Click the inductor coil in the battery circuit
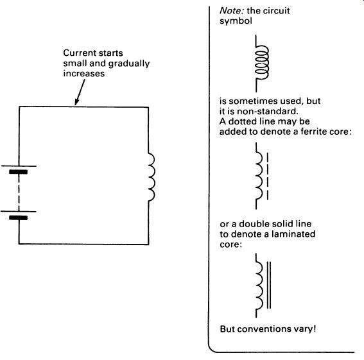coord(152,177)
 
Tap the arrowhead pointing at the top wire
coord(76,102)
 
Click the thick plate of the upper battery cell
coord(19,172)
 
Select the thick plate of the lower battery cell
coord(19,218)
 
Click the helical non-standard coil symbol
coord(262,62)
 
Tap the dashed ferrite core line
coord(268,176)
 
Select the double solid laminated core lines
coord(269,285)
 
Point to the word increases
coord(84,74)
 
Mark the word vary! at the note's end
coord(302,329)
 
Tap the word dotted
coord(240,121)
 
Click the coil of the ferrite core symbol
coord(260,176)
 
